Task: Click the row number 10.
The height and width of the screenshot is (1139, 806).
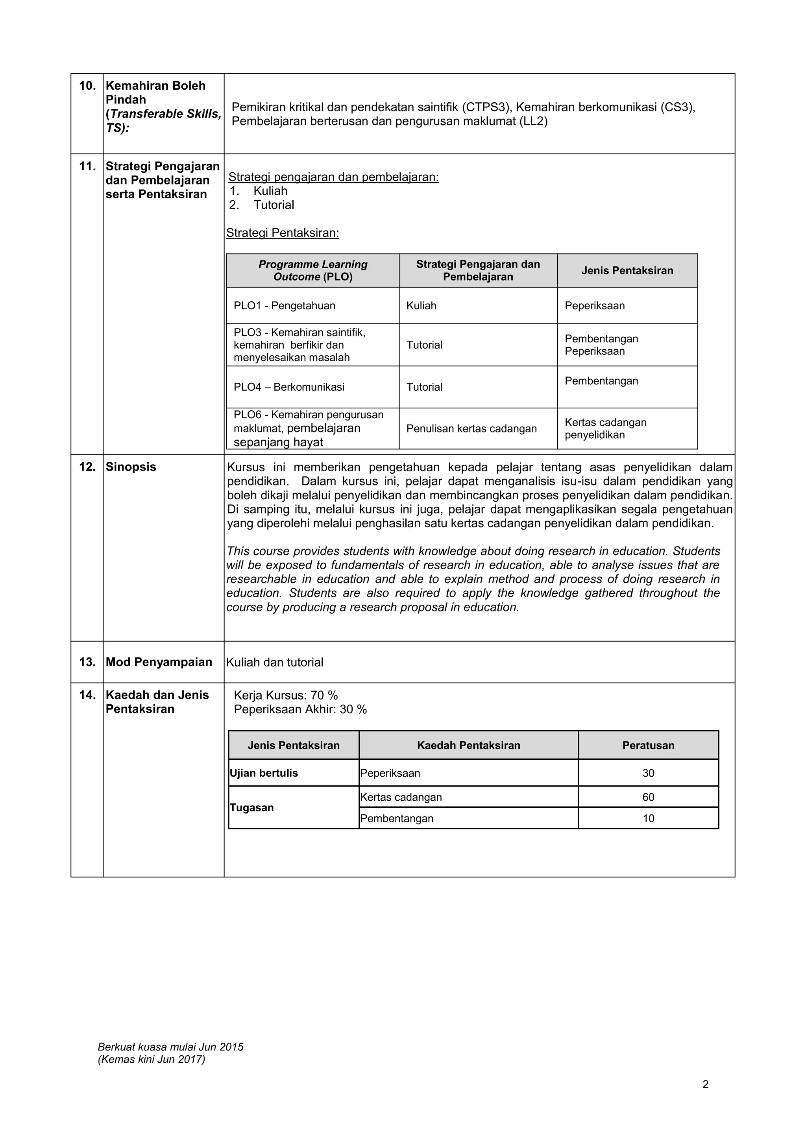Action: point(87,86)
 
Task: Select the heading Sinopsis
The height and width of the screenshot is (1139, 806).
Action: point(131,467)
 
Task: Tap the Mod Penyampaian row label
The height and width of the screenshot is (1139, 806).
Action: point(159,662)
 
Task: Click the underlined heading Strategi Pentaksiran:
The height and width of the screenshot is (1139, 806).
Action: point(283,233)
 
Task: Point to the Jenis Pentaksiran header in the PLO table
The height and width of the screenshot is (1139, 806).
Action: point(627,270)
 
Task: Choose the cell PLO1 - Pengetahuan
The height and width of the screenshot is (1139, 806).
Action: point(285,306)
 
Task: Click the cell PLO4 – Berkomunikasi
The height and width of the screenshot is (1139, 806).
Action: point(289,387)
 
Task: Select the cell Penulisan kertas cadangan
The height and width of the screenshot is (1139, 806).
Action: point(471,428)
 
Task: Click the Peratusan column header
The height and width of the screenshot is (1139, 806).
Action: point(648,745)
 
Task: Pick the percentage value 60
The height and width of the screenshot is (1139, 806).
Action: point(648,797)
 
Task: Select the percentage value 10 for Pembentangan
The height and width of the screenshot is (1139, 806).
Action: point(648,818)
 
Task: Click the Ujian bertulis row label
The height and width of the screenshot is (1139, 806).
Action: point(264,773)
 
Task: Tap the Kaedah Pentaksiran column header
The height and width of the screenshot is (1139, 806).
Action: point(468,745)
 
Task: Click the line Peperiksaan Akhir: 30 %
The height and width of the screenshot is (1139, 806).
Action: point(300,709)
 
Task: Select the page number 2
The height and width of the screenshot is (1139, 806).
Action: point(705,1084)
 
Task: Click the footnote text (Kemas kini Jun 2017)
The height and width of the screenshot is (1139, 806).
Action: point(152,1059)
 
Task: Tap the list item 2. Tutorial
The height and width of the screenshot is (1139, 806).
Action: point(262,205)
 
